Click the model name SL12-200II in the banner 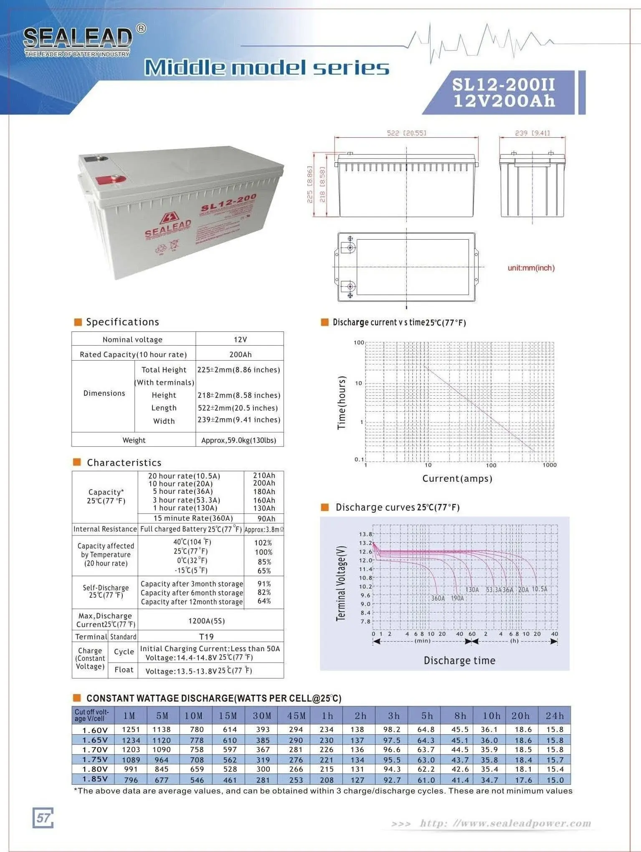pyautogui.click(x=504, y=85)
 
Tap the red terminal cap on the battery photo pyautogui.click(x=111, y=180)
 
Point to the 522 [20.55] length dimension pyautogui.click(x=406, y=133)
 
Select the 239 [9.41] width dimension pyautogui.click(x=532, y=133)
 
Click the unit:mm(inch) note pyautogui.click(x=531, y=268)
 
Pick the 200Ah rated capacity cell pyautogui.click(x=240, y=354)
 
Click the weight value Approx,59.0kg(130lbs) pyautogui.click(x=238, y=440)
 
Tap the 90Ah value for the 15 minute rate pyautogui.click(x=266, y=518)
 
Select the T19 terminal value pyautogui.click(x=206, y=637)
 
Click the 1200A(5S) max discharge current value pyautogui.click(x=206, y=621)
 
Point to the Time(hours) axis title pyautogui.click(x=342, y=402)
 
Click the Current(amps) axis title pyautogui.click(x=457, y=478)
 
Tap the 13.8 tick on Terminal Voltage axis pyautogui.click(x=365, y=534)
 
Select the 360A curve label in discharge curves pyautogui.click(x=438, y=598)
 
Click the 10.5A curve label pyautogui.click(x=539, y=589)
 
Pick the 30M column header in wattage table pyautogui.click(x=262, y=716)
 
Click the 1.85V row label pyautogui.click(x=95, y=779)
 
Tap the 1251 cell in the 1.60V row pyautogui.click(x=131, y=729)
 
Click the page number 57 pyautogui.click(x=43, y=817)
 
